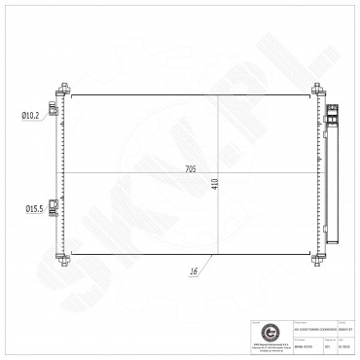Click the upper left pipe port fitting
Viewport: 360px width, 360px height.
point(61,116)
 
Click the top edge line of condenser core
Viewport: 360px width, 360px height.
point(195,94)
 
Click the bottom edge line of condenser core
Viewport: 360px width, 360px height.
point(195,253)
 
